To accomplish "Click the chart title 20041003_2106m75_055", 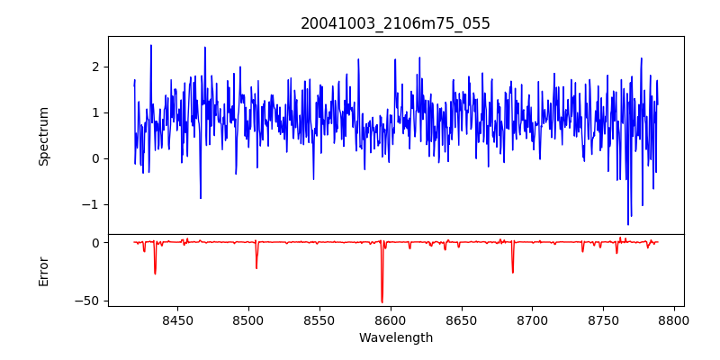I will (x=395, y=23).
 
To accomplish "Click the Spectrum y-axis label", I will (x=43, y=136).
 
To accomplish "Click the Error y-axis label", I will (x=43, y=271).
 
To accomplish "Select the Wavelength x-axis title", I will (x=395, y=338).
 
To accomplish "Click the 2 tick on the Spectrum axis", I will (x=94, y=67).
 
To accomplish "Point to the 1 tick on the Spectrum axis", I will (x=94, y=112).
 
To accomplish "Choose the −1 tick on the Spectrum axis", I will (x=91, y=204).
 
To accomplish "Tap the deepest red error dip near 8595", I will (x=382, y=301).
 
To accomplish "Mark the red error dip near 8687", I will (x=513, y=272).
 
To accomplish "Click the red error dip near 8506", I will (x=256, y=267).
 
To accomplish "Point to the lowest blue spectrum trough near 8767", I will (x=628, y=224).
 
